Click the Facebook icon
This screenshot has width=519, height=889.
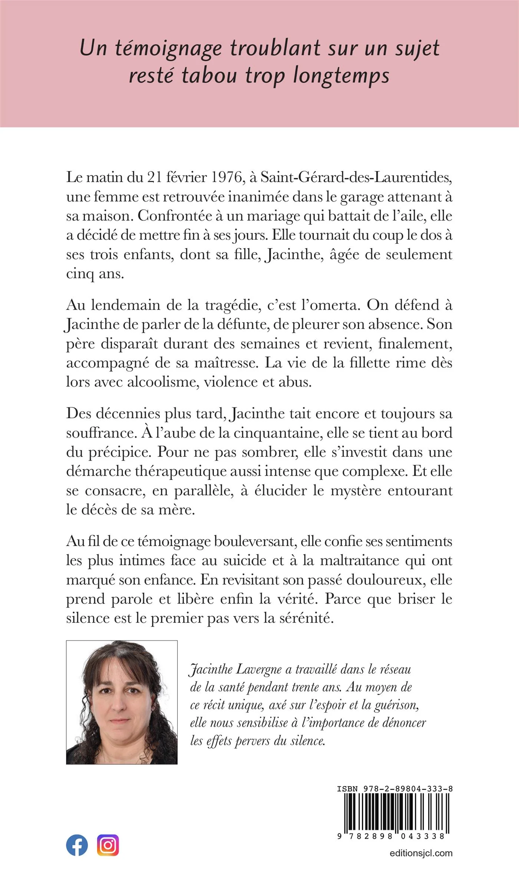[77, 845]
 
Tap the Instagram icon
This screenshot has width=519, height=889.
[108, 845]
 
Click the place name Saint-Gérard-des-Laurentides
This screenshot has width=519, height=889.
[356, 177]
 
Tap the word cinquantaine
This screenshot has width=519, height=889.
[283, 433]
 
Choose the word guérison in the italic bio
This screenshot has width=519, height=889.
[396, 705]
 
